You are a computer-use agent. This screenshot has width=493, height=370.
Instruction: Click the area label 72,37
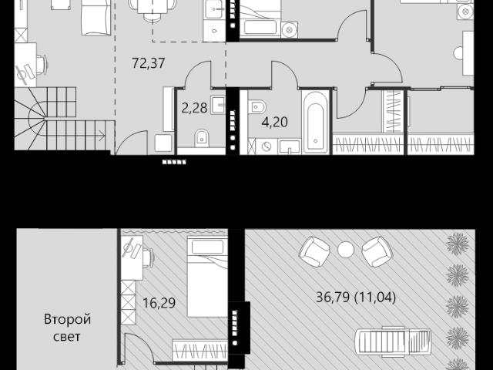[x=149, y=63]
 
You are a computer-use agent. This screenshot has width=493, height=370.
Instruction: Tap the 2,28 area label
[x=195, y=108]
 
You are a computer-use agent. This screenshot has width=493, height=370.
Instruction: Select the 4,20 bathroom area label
[x=275, y=122]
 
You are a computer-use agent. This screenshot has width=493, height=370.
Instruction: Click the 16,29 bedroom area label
[x=159, y=303]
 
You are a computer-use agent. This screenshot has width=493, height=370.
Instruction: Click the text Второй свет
[x=67, y=328]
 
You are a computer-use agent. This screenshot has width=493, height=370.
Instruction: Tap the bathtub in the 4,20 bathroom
[x=315, y=122]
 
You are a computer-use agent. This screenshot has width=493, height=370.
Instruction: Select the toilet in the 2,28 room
[x=202, y=138]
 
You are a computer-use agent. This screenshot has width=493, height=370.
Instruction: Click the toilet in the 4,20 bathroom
[x=257, y=106]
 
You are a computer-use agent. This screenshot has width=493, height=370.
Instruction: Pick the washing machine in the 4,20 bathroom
[x=267, y=146]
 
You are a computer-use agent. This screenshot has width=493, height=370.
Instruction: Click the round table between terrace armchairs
[x=346, y=250]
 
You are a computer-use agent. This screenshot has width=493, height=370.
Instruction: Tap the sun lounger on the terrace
[x=393, y=341]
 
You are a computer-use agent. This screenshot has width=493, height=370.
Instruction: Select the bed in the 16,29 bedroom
[x=207, y=276]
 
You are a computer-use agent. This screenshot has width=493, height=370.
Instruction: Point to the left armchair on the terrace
[x=314, y=252]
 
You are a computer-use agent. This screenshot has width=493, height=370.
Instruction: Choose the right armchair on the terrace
[x=377, y=252]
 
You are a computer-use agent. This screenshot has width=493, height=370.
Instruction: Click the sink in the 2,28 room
[x=218, y=105]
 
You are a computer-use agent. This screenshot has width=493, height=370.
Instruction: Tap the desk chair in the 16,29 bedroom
[x=149, y=257]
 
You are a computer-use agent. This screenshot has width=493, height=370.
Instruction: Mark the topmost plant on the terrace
[x=458, y=244]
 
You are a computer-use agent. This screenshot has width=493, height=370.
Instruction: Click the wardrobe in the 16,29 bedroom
[x=200, y=350]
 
